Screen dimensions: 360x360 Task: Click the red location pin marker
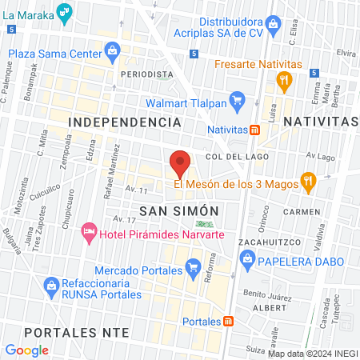pyautogui.click(x=180, y=164)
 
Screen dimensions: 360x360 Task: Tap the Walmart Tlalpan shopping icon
pyautogui.click(x=236, y=101)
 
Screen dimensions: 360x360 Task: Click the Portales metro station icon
pyautogui.click(x=229, y=321)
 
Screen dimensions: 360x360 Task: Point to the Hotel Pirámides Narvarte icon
pyautogui.click(x=89, y=233)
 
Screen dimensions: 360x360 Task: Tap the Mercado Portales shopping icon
pyautogui.click(x=192, y=268)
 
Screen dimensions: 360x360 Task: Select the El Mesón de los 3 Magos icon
pyautogui.click(x=305, y=182)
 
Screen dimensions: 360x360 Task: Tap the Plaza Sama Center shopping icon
pyautogui.click(x=113, y=54)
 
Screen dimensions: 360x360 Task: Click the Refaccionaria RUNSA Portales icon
pyautogui.click(x=52, y=285)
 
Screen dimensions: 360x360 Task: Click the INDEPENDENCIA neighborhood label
pyautogui.click(x=124, y=122)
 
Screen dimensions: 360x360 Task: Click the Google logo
pyautogui.click(x=26, y=350)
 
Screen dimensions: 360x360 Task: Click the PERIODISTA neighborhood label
pyautogui.click(x=146, y=74)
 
